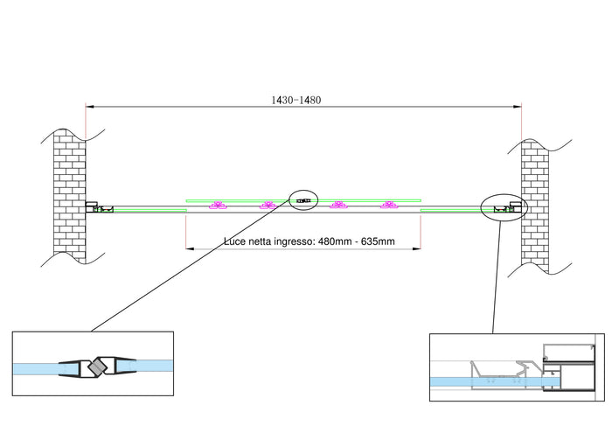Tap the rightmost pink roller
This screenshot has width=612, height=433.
tap(387, 206)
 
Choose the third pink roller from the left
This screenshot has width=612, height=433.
tap(337, 206)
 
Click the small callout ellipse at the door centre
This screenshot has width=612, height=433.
tap(303, 201)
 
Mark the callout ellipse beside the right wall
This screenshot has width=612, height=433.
tap(503, 207)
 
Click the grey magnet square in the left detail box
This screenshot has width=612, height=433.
tap(98, 367)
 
